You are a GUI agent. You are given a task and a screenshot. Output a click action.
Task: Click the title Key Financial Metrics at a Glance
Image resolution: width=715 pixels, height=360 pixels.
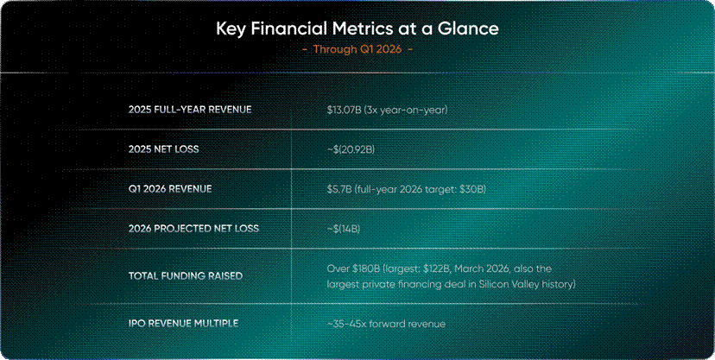point(357,29)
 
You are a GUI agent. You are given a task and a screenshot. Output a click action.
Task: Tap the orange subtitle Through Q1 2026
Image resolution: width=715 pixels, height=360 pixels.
point(357,49)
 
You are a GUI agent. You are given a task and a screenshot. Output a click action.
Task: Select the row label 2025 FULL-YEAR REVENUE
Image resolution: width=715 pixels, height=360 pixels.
point(190,110)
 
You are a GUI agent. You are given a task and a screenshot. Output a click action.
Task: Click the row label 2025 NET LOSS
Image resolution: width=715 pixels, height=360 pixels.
point(164,149)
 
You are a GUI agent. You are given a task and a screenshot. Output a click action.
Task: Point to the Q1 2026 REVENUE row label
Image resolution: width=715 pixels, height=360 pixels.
point(170,189)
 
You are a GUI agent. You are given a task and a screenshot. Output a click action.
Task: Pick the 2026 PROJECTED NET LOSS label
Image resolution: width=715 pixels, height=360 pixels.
point(193,228)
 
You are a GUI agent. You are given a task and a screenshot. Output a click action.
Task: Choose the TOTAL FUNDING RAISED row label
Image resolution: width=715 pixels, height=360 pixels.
point(186,276)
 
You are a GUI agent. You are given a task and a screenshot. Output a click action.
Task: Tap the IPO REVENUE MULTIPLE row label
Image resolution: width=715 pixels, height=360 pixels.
point(183,324)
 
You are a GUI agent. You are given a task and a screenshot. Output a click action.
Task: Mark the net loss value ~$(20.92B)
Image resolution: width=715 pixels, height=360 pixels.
point(351,149)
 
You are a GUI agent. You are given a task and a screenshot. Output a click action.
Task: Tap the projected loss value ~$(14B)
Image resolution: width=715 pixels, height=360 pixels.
point(344,228)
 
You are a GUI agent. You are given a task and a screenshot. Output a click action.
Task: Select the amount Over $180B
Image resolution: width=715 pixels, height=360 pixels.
point(354,268)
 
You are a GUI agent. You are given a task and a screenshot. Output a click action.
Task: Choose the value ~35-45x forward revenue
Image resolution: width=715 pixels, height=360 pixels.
point(386,324)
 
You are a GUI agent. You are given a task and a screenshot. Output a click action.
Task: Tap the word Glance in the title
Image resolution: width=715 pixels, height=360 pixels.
point(471,29)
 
